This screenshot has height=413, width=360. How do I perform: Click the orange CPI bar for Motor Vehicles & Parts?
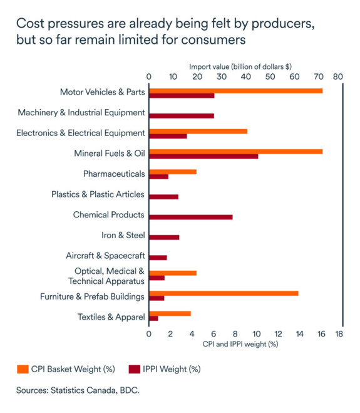[x=235, y=91]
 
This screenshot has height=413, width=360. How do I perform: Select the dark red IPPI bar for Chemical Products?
[x=190, y=217]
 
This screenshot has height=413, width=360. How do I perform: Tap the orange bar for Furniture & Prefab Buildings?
[x=223, y=293]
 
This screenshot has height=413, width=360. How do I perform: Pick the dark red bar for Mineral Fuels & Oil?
[x=203, y=156]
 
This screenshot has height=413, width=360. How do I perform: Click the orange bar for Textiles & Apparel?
[x=170, y=313]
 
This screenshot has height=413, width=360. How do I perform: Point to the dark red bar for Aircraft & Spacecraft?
[x=158, y=258]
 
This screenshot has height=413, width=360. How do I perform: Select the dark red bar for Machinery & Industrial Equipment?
[x=181, y=116]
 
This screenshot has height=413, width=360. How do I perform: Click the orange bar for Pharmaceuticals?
[x=172, y=172]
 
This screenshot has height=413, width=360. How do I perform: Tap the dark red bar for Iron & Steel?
[x=164, y=237]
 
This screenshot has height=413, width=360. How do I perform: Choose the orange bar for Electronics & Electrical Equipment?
[x=198, y=131]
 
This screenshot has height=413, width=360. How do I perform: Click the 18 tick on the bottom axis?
[x=339, y=334]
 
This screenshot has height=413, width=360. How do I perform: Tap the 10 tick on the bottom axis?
[x=256, y=334]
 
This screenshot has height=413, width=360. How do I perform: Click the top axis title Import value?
[x=240, y=66]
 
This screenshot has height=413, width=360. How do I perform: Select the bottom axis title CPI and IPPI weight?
[x=240, y=343]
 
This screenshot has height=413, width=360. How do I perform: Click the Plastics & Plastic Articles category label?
[x=98, y=194]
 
